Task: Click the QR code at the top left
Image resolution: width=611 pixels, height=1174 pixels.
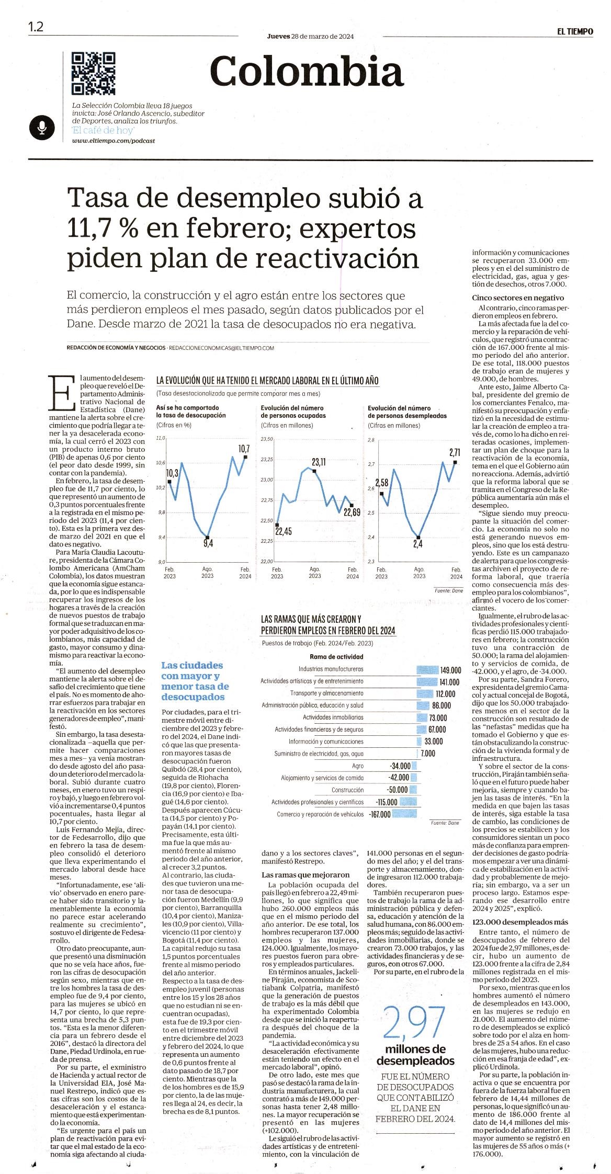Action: tap(94, 73)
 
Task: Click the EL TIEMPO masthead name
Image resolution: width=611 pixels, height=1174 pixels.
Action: tap(575, 31)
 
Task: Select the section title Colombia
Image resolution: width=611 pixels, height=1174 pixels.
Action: tap(307, 71)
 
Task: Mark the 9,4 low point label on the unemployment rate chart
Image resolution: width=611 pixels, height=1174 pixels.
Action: tap(208, 543)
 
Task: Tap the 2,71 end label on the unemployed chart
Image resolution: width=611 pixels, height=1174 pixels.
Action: tap(454, 452)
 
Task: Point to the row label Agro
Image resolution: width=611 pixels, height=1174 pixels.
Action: tap(358, 766)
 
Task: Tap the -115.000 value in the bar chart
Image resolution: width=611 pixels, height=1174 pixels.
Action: tap(387, 802)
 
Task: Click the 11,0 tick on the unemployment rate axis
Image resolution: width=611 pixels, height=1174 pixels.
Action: tap(160, 438)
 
